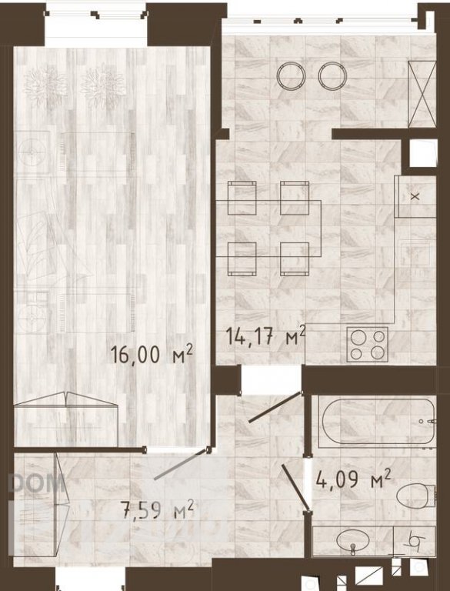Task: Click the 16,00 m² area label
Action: point(152,354)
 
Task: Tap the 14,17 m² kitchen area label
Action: point(265,335)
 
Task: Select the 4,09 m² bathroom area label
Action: point(353,479)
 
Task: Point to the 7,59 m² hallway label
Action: point(157,509)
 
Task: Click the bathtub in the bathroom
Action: point(377,421)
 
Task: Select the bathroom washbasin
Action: point(352,541)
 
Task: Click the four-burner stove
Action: point(367,345)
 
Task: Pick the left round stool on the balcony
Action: point(291,75)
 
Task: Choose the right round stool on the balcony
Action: point(332,75)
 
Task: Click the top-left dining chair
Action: point(242,198)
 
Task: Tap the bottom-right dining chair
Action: point(295,259)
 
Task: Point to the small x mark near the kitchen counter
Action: point(415,196)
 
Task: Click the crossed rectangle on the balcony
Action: point(422,94)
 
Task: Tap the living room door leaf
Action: point(182,464)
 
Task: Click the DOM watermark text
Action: point(36,483)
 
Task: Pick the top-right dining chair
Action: point(295,198)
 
